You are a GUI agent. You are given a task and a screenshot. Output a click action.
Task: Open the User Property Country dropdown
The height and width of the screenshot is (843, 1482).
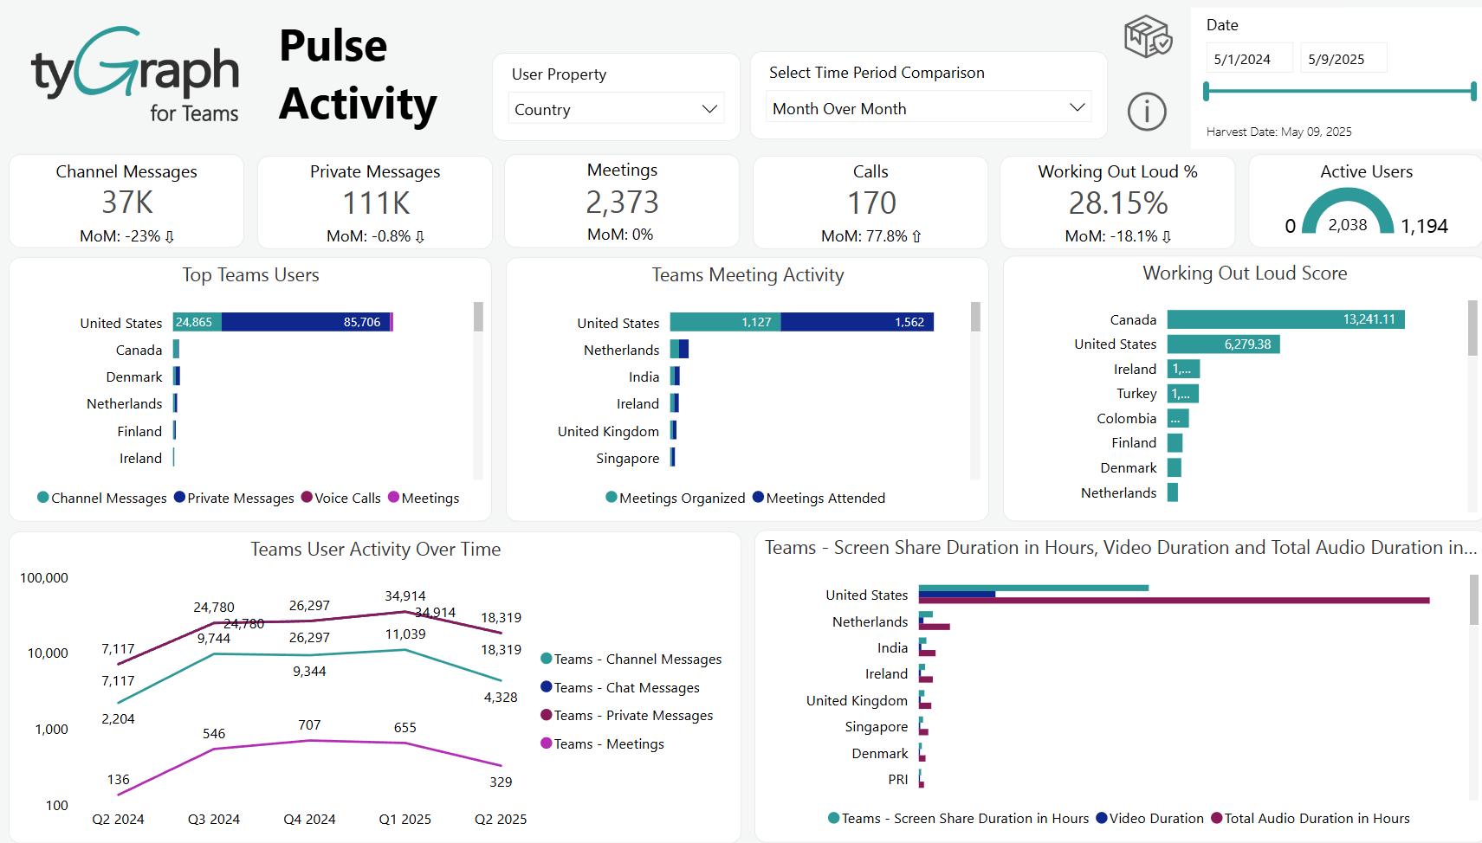click(615, 109)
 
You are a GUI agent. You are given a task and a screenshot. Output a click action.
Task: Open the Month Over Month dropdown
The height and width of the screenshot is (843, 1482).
click(928, 108)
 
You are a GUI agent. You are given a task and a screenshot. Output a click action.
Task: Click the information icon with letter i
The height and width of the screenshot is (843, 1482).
click(1147, 112)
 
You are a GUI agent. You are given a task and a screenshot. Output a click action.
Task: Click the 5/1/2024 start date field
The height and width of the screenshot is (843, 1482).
click(1248, 59)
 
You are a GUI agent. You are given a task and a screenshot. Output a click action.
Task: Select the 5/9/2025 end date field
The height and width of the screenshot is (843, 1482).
click(1343, 59)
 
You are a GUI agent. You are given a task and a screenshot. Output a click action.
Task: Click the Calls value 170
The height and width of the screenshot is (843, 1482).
click(870, 203)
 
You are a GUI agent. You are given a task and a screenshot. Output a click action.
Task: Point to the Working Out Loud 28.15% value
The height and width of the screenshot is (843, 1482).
click(1117, 203)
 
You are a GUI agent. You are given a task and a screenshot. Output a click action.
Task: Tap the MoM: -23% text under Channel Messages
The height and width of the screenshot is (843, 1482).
click(126, 236)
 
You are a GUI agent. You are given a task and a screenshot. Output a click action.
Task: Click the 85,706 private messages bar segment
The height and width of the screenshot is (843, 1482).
click(305, 322)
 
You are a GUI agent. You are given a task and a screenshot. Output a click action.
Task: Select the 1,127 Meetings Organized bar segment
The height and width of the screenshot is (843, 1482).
click(726, 322)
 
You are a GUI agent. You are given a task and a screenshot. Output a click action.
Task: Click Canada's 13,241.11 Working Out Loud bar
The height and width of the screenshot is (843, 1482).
click(1285, 319)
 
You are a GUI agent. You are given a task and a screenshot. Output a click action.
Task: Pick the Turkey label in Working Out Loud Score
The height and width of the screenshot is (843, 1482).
click(1136, 394)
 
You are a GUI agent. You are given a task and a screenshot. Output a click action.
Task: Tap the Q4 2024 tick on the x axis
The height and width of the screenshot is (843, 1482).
click(309, 820)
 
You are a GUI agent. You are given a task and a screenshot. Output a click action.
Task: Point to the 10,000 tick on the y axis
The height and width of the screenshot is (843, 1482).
click(48, 653)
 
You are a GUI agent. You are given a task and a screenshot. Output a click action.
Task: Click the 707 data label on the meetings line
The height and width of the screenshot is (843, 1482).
click(309, 725)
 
